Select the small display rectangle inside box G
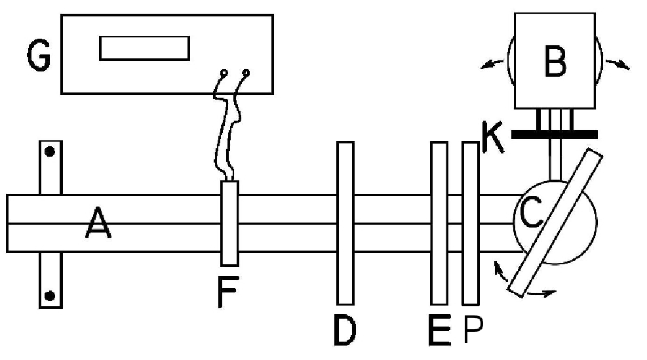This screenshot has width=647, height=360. tap(144, 49)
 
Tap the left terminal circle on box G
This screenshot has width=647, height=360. tap(224, 73)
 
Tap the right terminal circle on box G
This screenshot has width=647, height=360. tap(246, 72)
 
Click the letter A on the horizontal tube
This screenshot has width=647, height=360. tap(98, 227)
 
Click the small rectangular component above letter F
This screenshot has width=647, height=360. tap(229, 223)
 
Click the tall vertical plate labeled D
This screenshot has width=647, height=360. tap(345, 223)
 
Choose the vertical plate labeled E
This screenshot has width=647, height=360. tap(438, 223)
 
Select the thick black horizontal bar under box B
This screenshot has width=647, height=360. tap(555, 134)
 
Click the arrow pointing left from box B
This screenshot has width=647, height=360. tap(489, 64)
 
